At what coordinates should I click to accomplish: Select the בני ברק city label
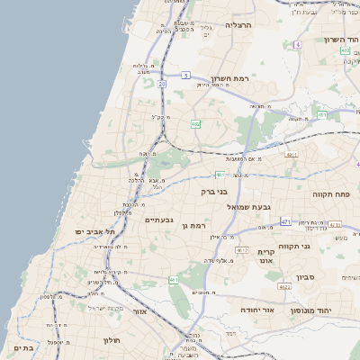coord(215,192)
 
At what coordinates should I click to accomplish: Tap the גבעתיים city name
coord(158,220)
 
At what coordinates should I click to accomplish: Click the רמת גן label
coord(193,226)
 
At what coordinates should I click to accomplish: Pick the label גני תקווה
coord(320,244)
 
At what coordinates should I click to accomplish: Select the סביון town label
coord(305,277)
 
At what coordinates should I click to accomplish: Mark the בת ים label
coord(23,347)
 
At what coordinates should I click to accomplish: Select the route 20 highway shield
coord(162,84)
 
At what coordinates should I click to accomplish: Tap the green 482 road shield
coord(195,124)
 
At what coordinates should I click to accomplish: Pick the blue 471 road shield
coord(285,221)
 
